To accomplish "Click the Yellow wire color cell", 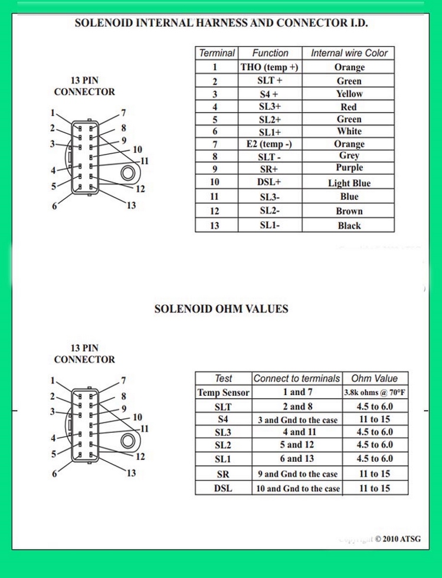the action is point(348,94).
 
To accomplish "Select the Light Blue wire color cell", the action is point(348,183).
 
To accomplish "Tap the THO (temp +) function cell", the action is point(270,67).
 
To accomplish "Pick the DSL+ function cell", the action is point(270,182).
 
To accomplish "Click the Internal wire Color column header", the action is point(348,53).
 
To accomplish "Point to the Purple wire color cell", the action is point(348,168).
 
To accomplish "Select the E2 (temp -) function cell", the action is point(270,144).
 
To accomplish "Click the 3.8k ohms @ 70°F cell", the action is point(375,392).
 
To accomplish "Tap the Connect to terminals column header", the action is point(297,379).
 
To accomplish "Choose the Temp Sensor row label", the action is point(224,392).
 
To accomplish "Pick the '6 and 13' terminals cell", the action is point(297,459).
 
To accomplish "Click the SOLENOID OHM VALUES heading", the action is point(221,309).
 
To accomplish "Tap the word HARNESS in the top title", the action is point(221,23).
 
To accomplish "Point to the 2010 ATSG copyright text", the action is point(398,539).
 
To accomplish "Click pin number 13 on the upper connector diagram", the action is point(132,205).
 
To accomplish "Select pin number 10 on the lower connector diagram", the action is point(137,418).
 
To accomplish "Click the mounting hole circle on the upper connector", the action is point(128,172).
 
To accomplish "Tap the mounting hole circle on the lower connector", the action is point(128,441).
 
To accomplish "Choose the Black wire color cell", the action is point(348,225).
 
